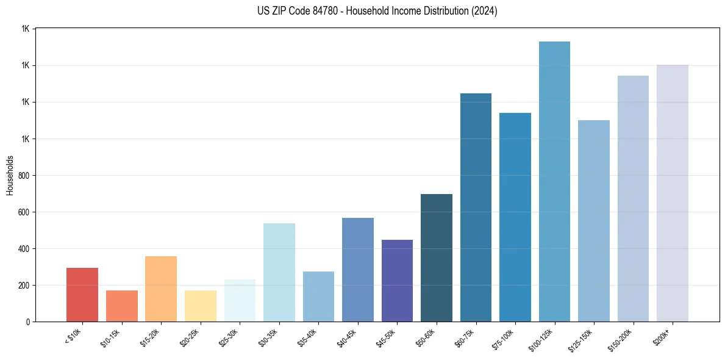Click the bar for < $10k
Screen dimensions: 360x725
[x=82, y=295]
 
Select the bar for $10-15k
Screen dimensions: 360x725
[x=121, y=306]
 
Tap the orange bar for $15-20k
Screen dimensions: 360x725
[x=161, y=289]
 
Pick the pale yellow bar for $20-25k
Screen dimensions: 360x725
[x=200, y=306]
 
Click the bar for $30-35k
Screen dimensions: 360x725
[x=279, y=272]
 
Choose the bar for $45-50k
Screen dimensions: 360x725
[x=397, y=281]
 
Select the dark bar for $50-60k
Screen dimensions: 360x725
[x=437, y=257]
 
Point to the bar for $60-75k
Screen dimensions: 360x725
[x=476, y=207]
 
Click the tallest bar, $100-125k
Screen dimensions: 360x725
[x=554, y=181]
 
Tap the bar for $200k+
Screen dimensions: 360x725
[x=672, y=193]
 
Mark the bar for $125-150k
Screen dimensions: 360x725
[x=593, y=221]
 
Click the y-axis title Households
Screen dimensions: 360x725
[x=10, y=175]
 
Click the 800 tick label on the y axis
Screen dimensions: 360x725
[x=24, y=176]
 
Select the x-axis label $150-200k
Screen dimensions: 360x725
[x=621, y=339]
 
